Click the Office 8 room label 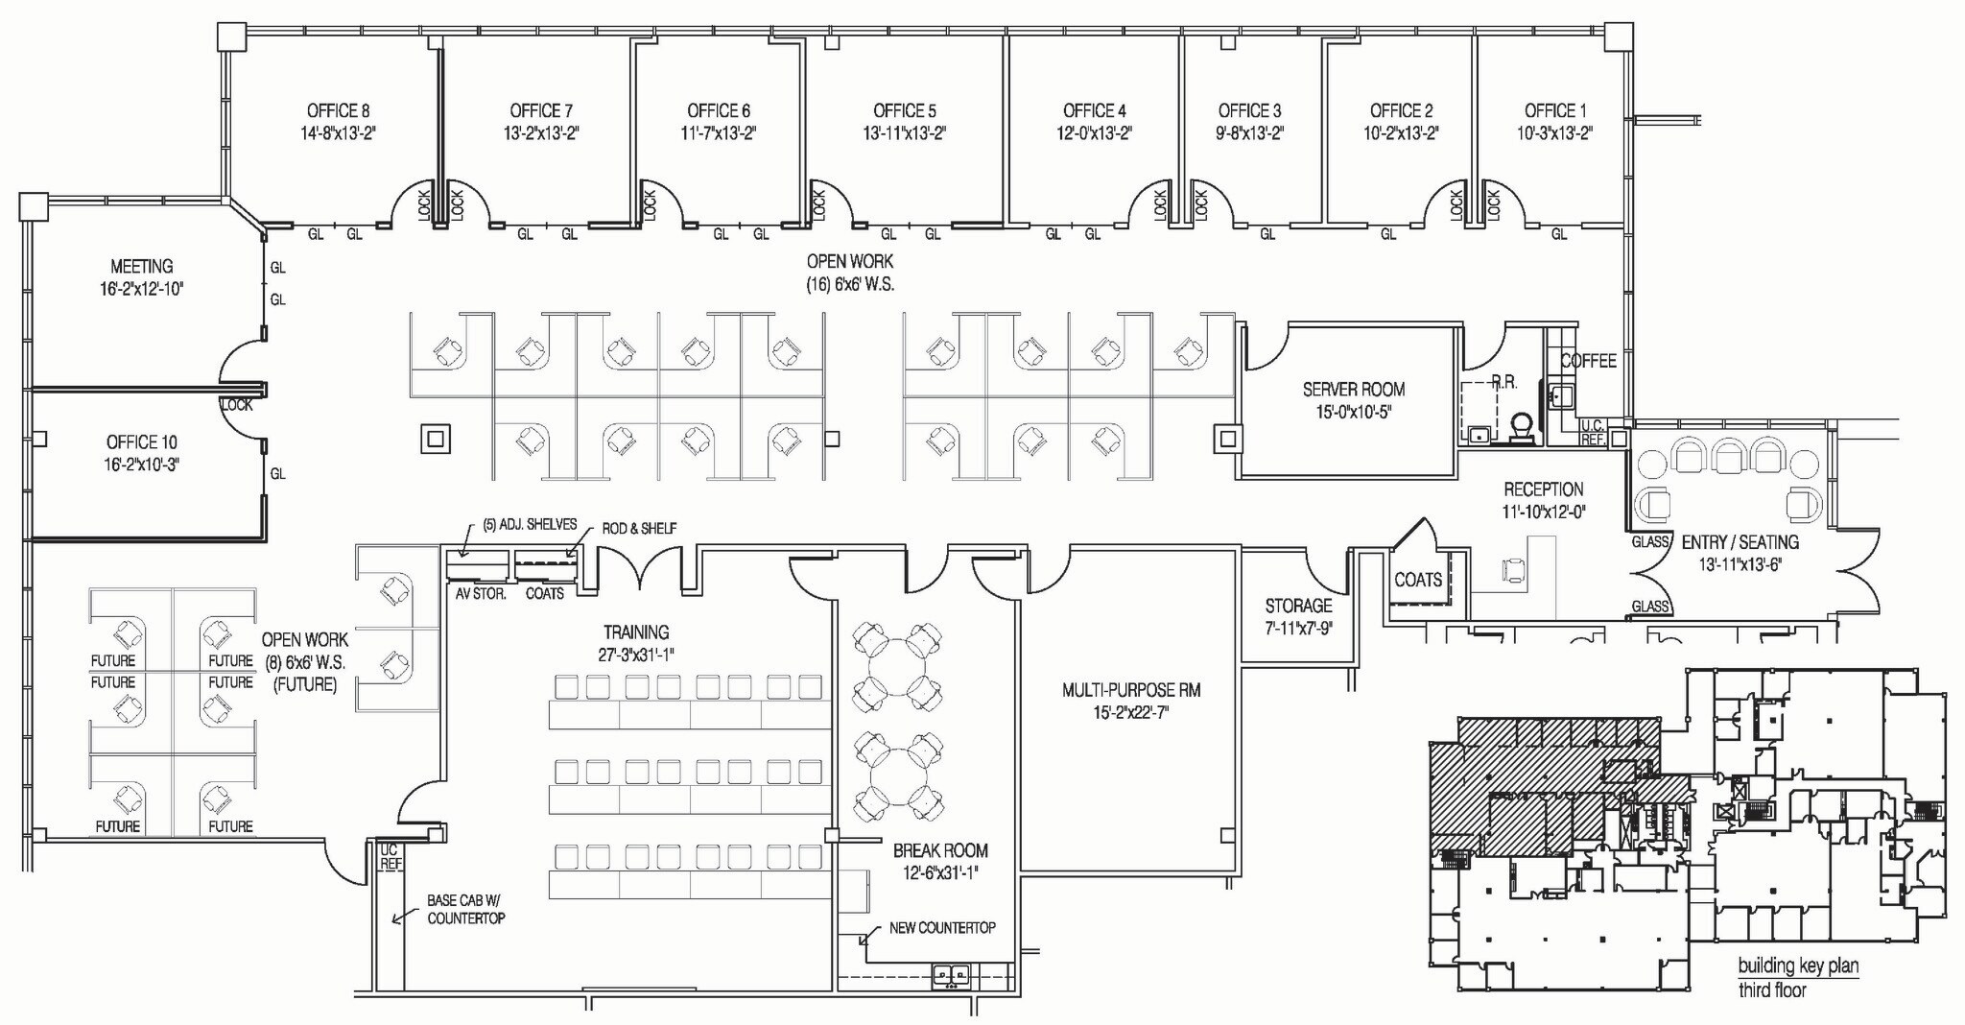pyautogui.click(x=338, y=110)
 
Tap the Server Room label pyautogui.click(x=1353, y=389)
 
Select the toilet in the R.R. pyautogui.click(x=1521, y=425)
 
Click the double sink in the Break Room pyautogui.click(x=952, y=976)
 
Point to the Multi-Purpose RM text pyautogui.click(x=1131, y=689)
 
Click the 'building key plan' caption pyautogui.click(x=1798, y=965)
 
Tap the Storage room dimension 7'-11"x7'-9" pyautogui.click(x=1297, y=629)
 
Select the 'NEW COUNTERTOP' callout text pyautogui.click(x=942, y=927)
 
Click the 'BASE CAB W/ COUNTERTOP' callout pyautogui.click(x=465, y=909)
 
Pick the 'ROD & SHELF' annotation pyautogui.click(x=639, y=528)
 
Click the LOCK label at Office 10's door pyautogui.click(x=237, y=405)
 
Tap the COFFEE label pyautogui.click(x=1588, y=361)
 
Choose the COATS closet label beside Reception pyautogui.click(x=1418, y=580)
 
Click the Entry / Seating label pyautogui.click(x=1740, y=541)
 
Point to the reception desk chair pyautogui.click(x=1514, y=570)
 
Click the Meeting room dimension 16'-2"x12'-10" pyautogui.click(x=141, y=288)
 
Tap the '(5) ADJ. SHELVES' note pyautogui.click(x=530, y=524)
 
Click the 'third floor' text pyautogui.click(x=1771, y=989)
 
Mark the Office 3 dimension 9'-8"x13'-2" pyautogui.click(x=1249, y=133)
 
